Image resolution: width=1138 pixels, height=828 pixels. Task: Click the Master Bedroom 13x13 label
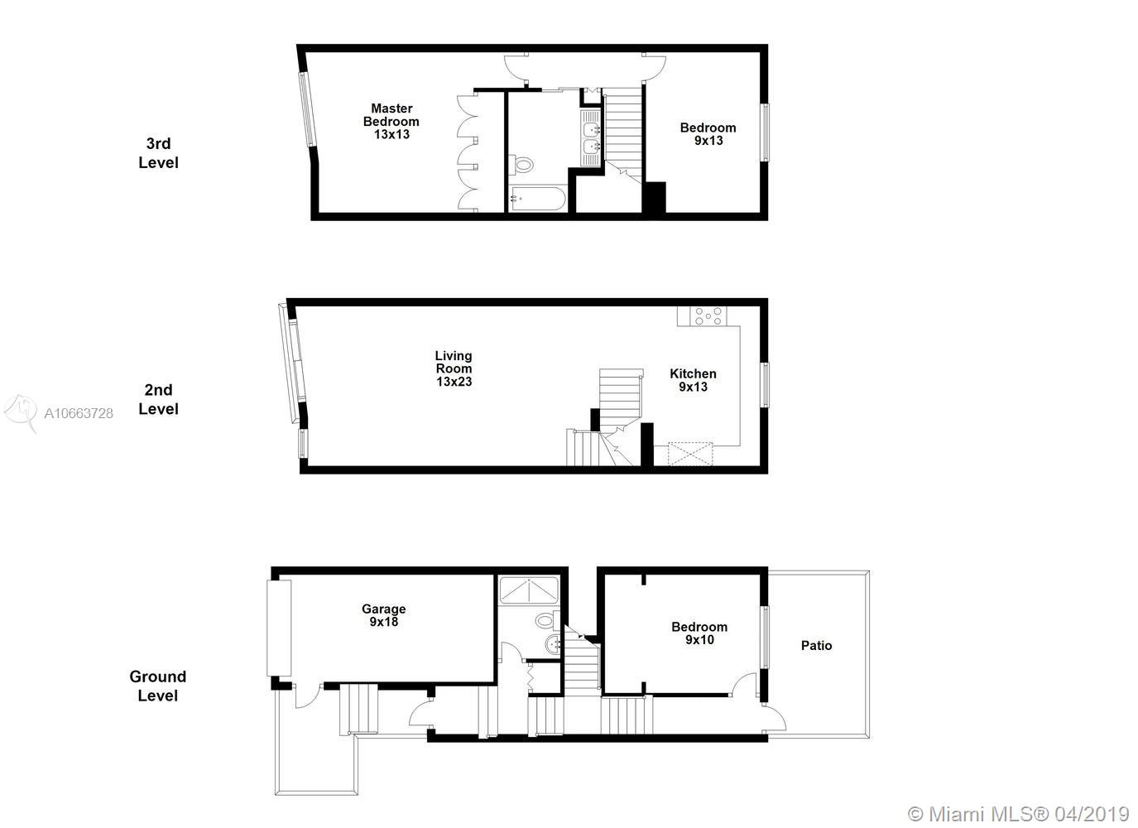pos(391,122)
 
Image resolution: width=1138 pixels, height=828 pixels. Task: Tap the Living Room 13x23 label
pos(454,368)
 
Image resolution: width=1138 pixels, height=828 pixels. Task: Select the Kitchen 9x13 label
pos(693,380)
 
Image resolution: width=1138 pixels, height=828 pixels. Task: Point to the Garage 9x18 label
pos(383,615)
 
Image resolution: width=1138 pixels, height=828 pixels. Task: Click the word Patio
pos(816,646)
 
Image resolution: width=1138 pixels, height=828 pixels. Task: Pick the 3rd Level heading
pos(159,153)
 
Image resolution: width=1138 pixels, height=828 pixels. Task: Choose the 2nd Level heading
pos(159,400)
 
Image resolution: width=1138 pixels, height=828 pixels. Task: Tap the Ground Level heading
pos(158,686)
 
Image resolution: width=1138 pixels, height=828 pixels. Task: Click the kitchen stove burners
pos(708,315)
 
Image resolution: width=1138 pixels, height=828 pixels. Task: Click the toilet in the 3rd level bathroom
pos(521,165)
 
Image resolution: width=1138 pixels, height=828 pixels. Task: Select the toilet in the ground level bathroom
pos(547,620)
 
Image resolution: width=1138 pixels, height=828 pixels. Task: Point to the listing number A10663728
pos(79,413)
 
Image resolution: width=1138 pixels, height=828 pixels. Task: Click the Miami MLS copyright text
pos(1018,814)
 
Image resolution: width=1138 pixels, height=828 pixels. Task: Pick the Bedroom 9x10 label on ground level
pos(699,633)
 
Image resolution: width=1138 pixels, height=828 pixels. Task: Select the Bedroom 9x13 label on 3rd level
pos(708,134)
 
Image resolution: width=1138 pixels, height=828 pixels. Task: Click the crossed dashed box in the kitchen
pos(690,454)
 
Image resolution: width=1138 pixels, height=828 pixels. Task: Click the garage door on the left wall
pos(279,628)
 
